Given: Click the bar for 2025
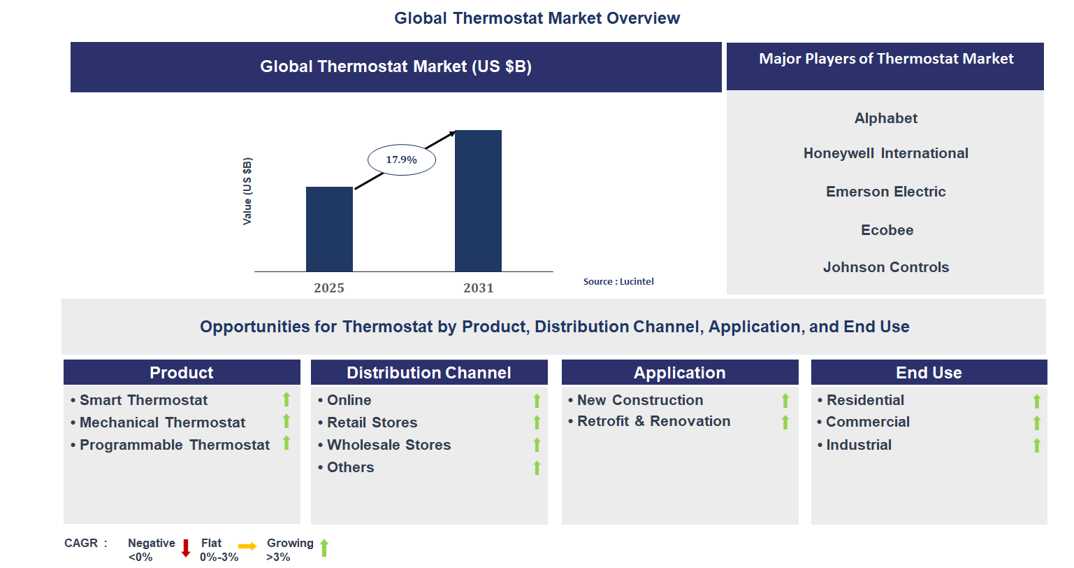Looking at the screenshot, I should tap(329, 229).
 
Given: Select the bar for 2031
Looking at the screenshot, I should tap(478, 201).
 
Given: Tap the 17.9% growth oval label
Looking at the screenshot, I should tap(402, 160).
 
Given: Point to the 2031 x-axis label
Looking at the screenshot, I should tap(478, 288).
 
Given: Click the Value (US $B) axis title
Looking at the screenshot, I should tap(247, 191).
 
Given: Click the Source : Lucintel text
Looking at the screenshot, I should tap(618, 282).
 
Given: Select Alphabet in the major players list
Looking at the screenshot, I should tap(885, 118).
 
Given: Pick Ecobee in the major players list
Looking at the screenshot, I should tap(887, 230).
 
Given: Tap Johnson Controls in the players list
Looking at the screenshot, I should tap(885, 267).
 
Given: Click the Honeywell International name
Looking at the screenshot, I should tap(885, 153).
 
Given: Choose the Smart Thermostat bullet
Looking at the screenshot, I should tap(143, 400).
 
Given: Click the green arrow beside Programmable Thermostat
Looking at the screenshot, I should tap(286, 443).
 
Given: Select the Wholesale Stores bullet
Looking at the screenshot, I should tap(389, 445).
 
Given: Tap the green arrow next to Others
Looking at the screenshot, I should tap(537, 468).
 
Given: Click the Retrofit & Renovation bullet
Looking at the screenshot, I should tap(653, 421).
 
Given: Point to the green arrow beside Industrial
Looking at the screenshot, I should tap(1036, 446).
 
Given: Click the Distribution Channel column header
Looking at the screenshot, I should tap(429, 373).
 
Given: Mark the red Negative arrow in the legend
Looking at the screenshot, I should tap(186, 548).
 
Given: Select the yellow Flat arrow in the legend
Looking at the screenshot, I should tap(247, 546).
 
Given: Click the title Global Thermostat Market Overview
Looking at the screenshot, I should tap(537, 18).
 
